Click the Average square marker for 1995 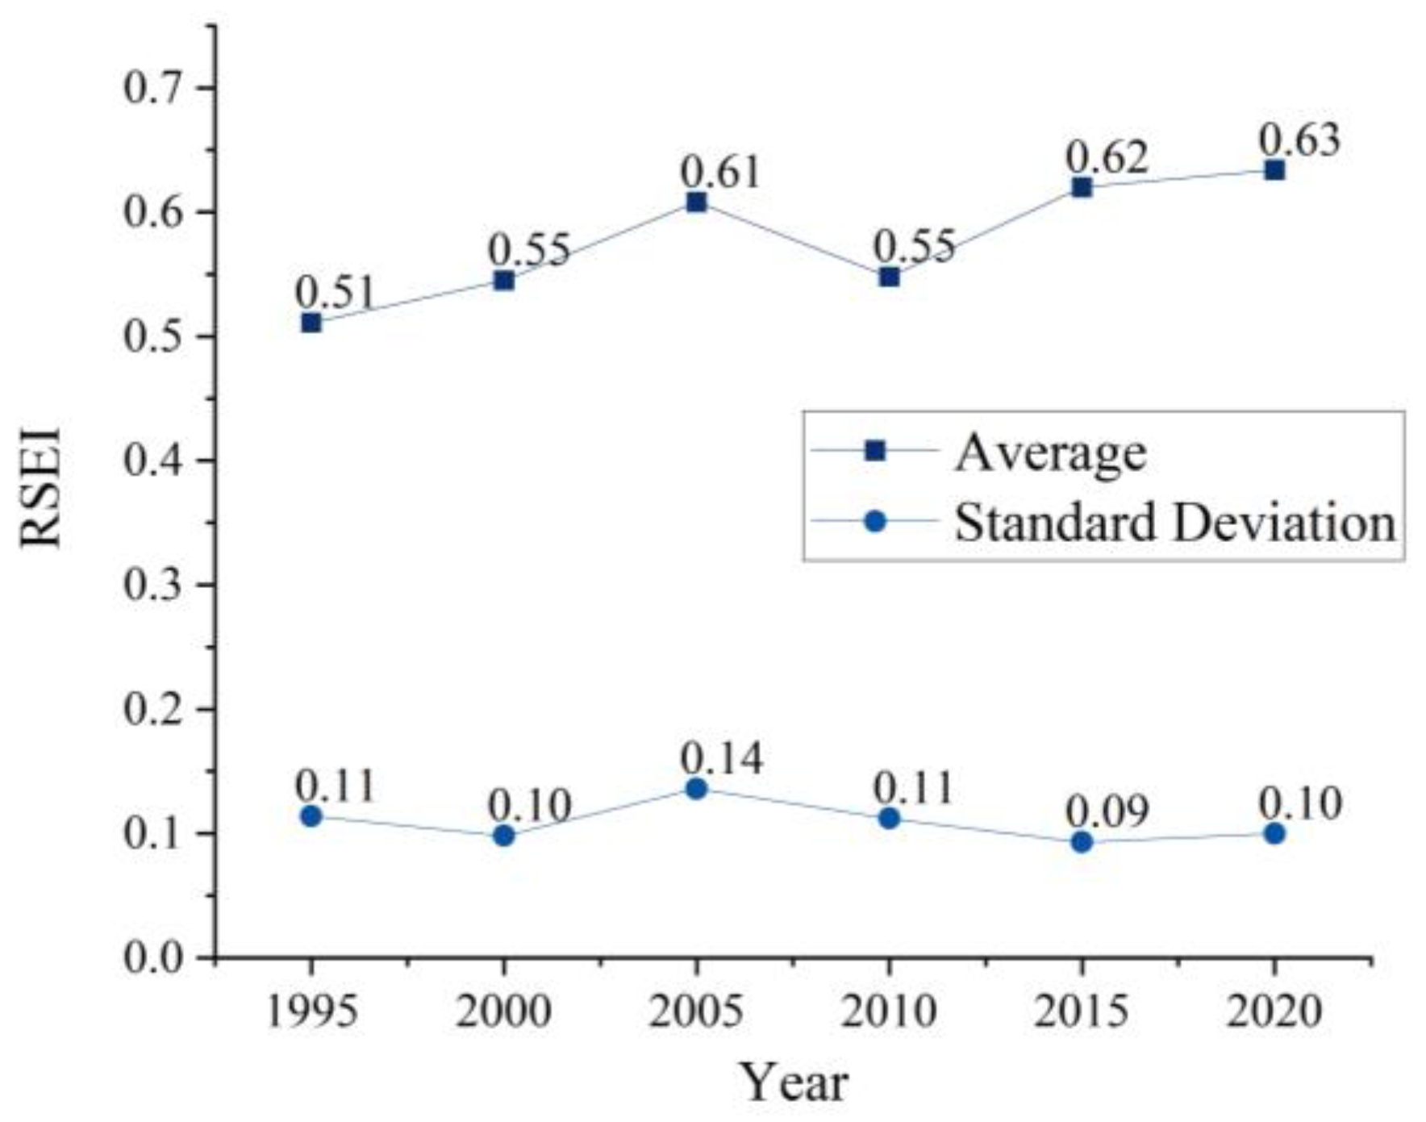(311, 323)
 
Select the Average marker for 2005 (697, 202)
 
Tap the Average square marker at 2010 (889, 277)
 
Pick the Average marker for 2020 (1274, 170)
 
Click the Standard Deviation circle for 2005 (697, 788)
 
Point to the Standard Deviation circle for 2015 (1082, 842)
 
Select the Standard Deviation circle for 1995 (311, 816)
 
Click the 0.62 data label (1107, 156)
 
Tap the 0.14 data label (721, 757)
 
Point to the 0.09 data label (1107, 811)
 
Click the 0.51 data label (335, 292)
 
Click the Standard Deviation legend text (1174, 522)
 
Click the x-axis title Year (794, 1082)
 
